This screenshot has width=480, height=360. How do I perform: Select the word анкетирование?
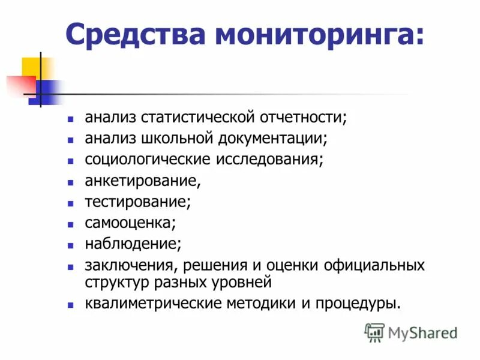(x=142, y=180)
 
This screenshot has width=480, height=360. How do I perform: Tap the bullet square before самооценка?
(x=71, y=223)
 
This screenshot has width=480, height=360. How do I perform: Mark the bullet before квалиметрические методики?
(x=71, y=304)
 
